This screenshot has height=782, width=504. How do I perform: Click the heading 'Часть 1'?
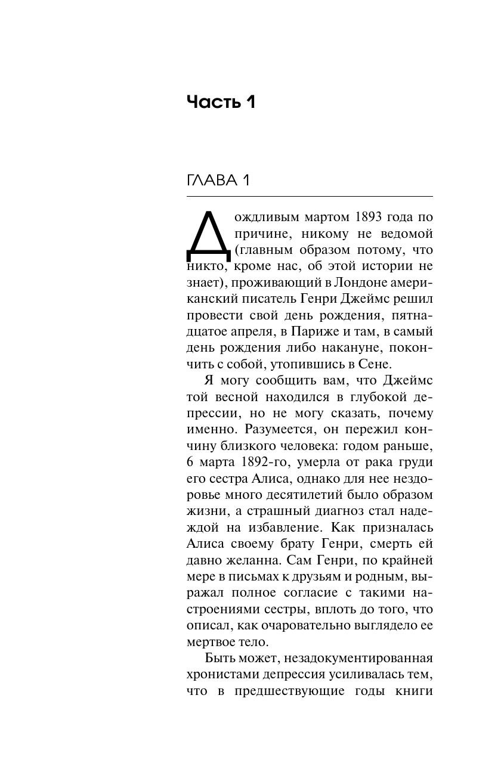point(221,102)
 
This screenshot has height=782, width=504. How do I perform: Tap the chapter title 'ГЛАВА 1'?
point(218,181)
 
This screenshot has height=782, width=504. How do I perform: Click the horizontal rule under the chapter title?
point(310,196)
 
